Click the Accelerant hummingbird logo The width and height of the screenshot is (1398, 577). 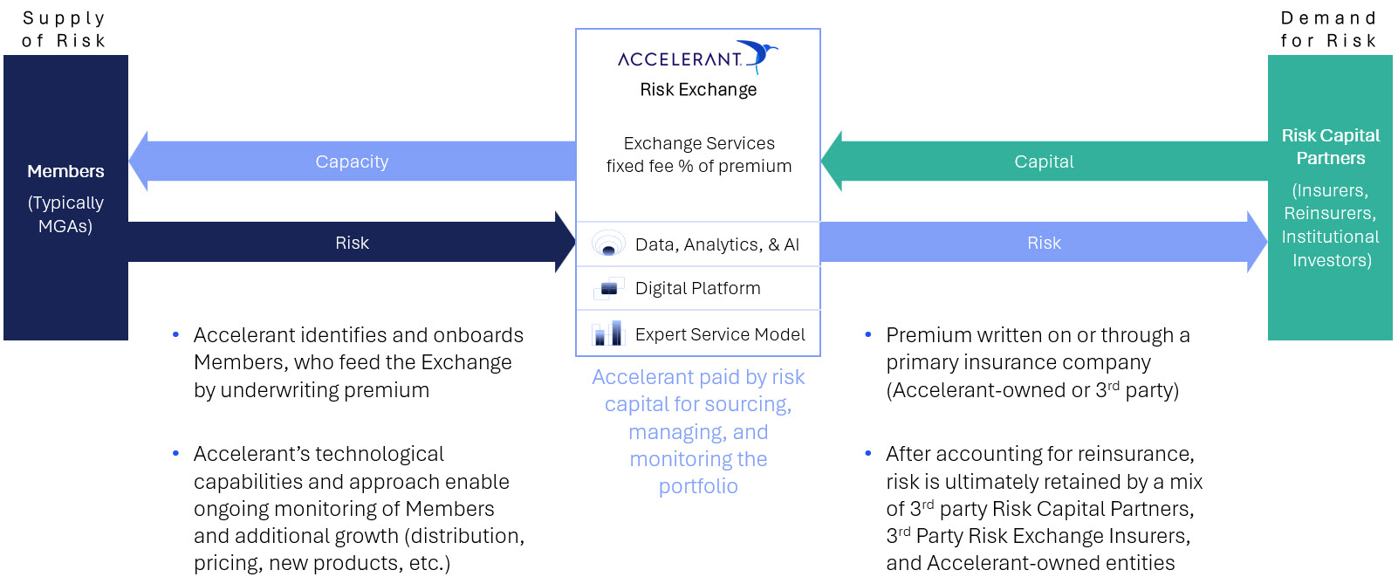coord(758,56)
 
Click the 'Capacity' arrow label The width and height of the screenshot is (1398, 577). coord(352,161)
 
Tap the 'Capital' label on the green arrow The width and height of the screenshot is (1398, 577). coord(1044,161)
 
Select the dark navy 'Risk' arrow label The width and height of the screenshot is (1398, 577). coord(352,243)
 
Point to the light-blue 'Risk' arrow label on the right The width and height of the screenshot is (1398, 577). coord(1044,243)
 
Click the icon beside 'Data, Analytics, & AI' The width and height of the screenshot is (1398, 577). coord(608,244)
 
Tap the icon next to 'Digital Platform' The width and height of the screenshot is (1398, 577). coord(608,288)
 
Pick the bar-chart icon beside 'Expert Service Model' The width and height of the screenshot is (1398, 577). coord(608,333)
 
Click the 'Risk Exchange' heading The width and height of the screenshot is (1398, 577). coord(698,90)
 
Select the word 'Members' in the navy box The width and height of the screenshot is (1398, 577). coord(65,171)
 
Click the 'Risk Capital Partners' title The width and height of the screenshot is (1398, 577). coord(1331,147)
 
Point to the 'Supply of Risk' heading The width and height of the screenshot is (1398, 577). coord(64,30)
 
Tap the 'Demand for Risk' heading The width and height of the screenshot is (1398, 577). coord(1329,30)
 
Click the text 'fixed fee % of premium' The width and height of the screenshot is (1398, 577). coord(698,166)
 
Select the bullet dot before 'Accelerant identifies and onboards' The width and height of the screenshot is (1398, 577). coord(176,335)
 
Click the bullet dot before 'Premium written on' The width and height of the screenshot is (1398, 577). coord(868,335)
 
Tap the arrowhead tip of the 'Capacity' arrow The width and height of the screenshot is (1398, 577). coord(130,161)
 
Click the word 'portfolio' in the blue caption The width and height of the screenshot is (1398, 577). coord(698,486)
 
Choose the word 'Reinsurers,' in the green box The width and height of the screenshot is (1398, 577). coord(1330,214)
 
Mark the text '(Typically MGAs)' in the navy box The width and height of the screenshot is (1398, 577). coord(65,214)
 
